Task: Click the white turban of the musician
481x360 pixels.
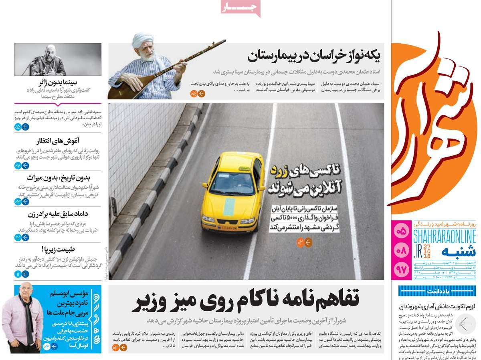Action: tap(143, 40)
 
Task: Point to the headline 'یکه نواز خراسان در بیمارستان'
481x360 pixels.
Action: tap(314, 56)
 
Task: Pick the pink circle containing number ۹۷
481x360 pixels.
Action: tap(401, 269)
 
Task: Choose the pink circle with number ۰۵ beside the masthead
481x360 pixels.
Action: tap(401, 231)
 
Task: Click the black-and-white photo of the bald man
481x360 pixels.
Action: tap(58, 59)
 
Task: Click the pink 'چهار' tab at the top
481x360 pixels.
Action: tap(240, 8)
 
